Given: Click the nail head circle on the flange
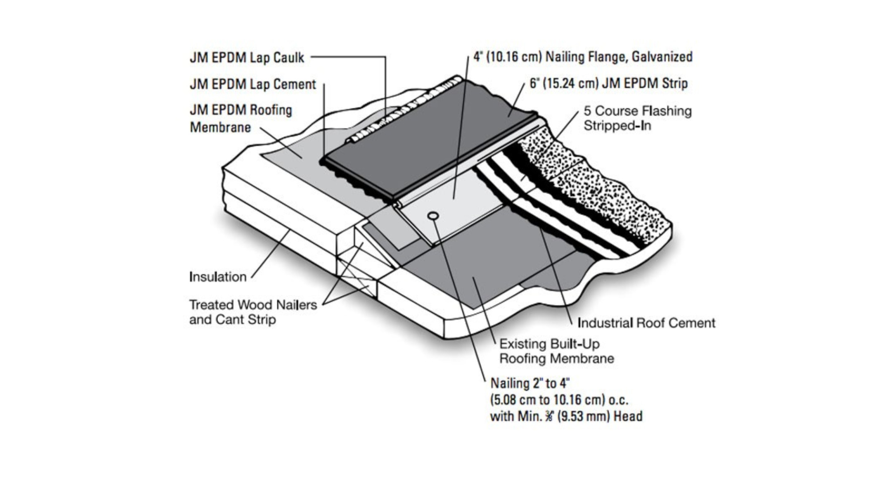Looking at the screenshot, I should [x=433, y=216].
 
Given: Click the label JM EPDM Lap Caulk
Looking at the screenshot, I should [x=247, y=58].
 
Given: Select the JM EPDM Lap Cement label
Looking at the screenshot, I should [x=253, y=84].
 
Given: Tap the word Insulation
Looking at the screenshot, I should [x=218, y=277].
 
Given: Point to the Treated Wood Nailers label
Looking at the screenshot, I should [x=253, y=305].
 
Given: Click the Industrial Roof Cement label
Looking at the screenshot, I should [x=646, y=323].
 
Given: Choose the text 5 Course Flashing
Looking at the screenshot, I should [x=637, y=111].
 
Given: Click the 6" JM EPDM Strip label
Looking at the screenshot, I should [x=608, y=83].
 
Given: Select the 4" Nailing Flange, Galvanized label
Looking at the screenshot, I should [x=583, y=57].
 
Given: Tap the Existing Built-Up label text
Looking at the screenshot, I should [x=549, y=344].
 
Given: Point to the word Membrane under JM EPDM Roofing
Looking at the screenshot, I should [x=220, y=127].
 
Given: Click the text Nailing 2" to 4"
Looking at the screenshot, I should [x=530, y=383].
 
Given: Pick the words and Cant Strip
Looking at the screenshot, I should [x=232, y=319].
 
